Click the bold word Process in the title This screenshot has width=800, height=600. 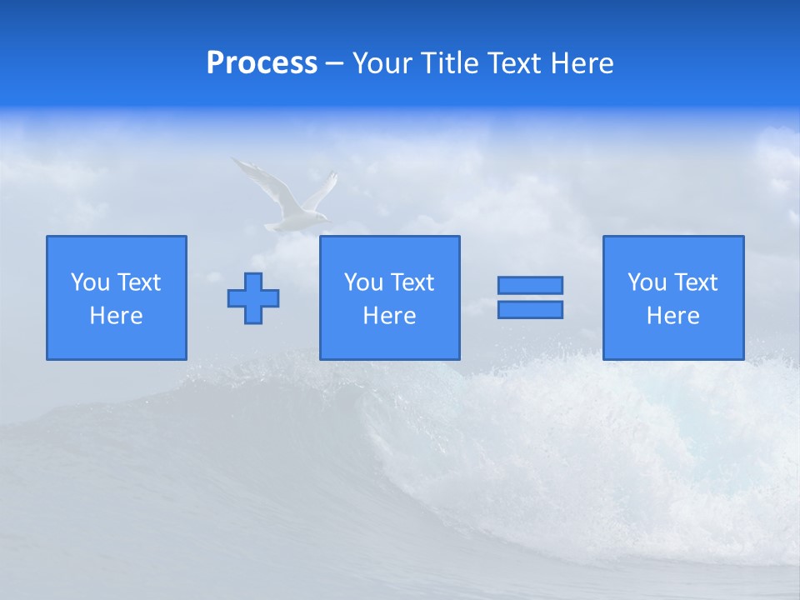(x=262, y=63)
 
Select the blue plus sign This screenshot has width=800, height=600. (x=253, y=297)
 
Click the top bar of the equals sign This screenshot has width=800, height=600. (x=530, y=285)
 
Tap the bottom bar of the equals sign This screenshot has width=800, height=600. (x=530, y=309)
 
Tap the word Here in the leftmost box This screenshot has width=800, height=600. (x=117, y=316)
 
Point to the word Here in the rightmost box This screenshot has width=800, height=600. (x=673, y=316)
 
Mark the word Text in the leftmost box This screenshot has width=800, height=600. (x=138, y=282)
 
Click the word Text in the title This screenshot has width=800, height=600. (x=512, y=63)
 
